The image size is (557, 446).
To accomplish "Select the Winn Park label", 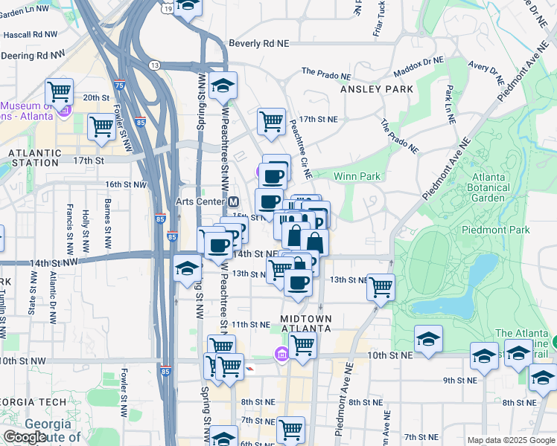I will coord(357,176).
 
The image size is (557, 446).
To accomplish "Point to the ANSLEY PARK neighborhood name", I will coord(376,89).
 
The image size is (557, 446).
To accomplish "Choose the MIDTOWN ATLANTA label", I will coord(305,323).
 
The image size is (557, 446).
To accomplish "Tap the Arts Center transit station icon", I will coord(234,201).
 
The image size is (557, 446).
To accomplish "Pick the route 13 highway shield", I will coord(155,65).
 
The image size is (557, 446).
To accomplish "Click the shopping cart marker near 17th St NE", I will coord(271,120).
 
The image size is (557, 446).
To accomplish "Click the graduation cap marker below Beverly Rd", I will coord(222,85).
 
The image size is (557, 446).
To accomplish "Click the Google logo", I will coord(25,438).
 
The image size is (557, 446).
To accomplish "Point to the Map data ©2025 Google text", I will coord(512,440).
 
